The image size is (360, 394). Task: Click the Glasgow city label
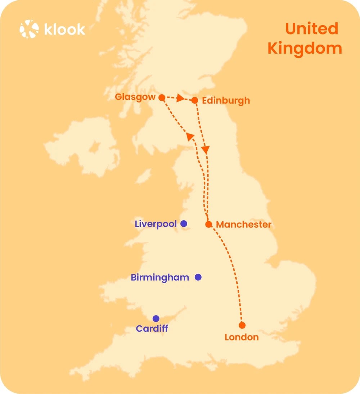[x=135, y=97]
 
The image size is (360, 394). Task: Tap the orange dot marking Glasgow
[x=162, y=98]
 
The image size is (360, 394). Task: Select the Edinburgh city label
[x=226, y=100]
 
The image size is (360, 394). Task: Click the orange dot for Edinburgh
[x=195, y=100]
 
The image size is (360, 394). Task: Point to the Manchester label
[x=244, y=225]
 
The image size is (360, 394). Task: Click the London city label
[x=242, y=338]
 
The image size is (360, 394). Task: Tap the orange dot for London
[x=242, y=325]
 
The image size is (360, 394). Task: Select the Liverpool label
[x=156, y=224]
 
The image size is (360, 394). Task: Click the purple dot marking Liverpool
[x=184, y=223]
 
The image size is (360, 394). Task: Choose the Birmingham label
[x=160, y=278]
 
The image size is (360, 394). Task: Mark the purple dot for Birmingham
[x=198, y=277]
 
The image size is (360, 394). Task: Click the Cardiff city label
[x=152, y=329]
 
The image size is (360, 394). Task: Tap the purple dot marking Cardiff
[x=156, y=318]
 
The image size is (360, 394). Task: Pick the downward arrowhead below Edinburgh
[x=206, y=150]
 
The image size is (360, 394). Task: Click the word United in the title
[x=312, y=29]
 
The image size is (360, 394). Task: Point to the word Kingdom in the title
[x=305, y=49]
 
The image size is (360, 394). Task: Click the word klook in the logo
[x=64, y=29]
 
